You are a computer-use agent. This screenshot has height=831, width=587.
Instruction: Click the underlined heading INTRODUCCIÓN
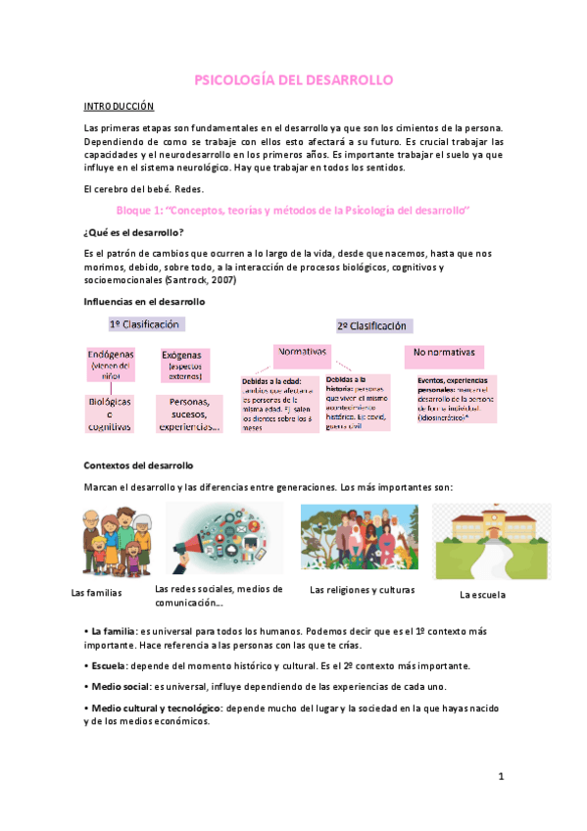point(118,105)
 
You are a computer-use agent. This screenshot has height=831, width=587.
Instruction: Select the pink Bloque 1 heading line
point(293,211)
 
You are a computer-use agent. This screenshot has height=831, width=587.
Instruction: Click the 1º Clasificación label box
point(145,324)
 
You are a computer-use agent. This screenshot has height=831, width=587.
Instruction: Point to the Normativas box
point(303,352)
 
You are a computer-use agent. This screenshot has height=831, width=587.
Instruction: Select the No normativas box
point(443,352)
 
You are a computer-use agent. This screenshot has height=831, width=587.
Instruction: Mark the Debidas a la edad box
point(280,402)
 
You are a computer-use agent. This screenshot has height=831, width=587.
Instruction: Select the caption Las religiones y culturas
point(362,591)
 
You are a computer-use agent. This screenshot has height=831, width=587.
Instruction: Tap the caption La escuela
point(486,595)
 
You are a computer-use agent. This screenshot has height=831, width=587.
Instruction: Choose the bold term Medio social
point(122,687)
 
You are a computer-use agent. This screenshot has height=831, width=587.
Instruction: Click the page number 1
point(500,777)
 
